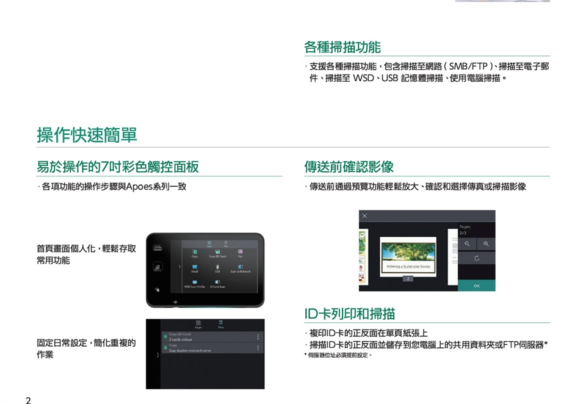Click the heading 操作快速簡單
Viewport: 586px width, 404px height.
(x=87, y=135)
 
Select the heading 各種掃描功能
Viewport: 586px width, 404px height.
(x=342, y=47)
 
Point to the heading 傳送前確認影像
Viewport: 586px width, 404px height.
(x=349, y=167)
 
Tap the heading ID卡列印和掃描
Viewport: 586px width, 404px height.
(x=350, y=314)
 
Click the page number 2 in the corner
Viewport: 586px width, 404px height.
(x=28, y=400)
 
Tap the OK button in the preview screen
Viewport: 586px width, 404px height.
(x=477, y=286)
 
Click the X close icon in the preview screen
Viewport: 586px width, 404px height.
(x=364, y=216)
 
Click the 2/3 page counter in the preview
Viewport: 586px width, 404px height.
(x=463, y=233)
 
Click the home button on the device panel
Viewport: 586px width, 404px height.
(x=157, y=267)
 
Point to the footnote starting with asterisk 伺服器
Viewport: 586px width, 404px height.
(x=338, y=355)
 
